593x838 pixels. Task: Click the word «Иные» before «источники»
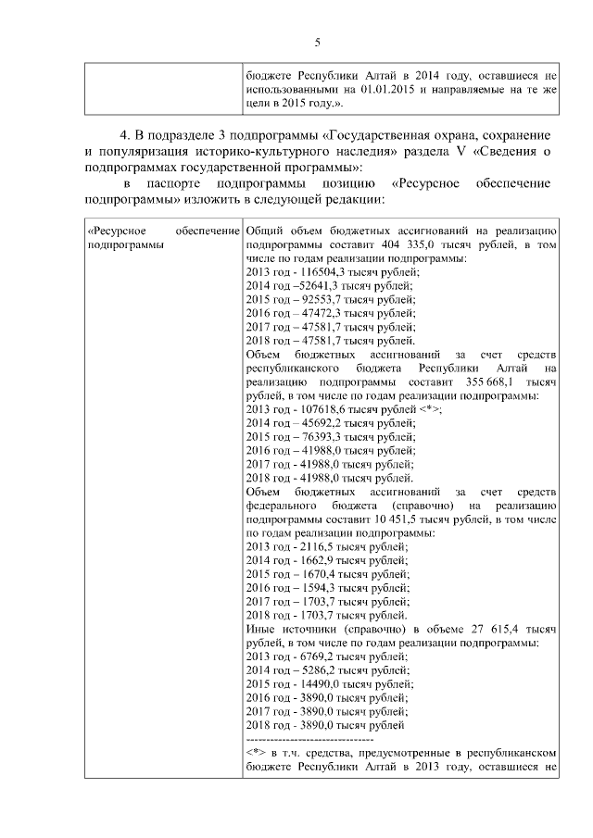262,630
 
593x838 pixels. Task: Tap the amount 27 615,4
488,630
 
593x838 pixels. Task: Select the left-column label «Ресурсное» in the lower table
116,231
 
